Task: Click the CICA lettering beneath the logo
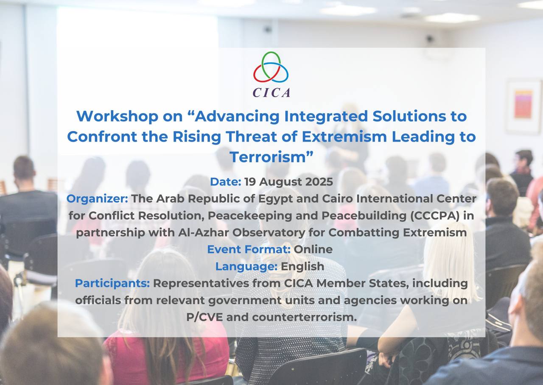(x=271, y=92)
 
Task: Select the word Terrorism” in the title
(x=271, y=157)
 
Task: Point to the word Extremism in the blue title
(x=344, y=137)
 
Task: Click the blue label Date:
(x=225, y=182)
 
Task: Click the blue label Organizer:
(x=98, y=199)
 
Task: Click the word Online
(x=313, y=249)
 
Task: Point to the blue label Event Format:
(x=249, y=249)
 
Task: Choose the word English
(x=302, y=267)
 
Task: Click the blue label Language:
(x=246, y=267)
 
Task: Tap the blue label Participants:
(x=112, y=283)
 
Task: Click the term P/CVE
(x=204, y=317)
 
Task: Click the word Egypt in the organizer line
(x=276, y=199)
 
